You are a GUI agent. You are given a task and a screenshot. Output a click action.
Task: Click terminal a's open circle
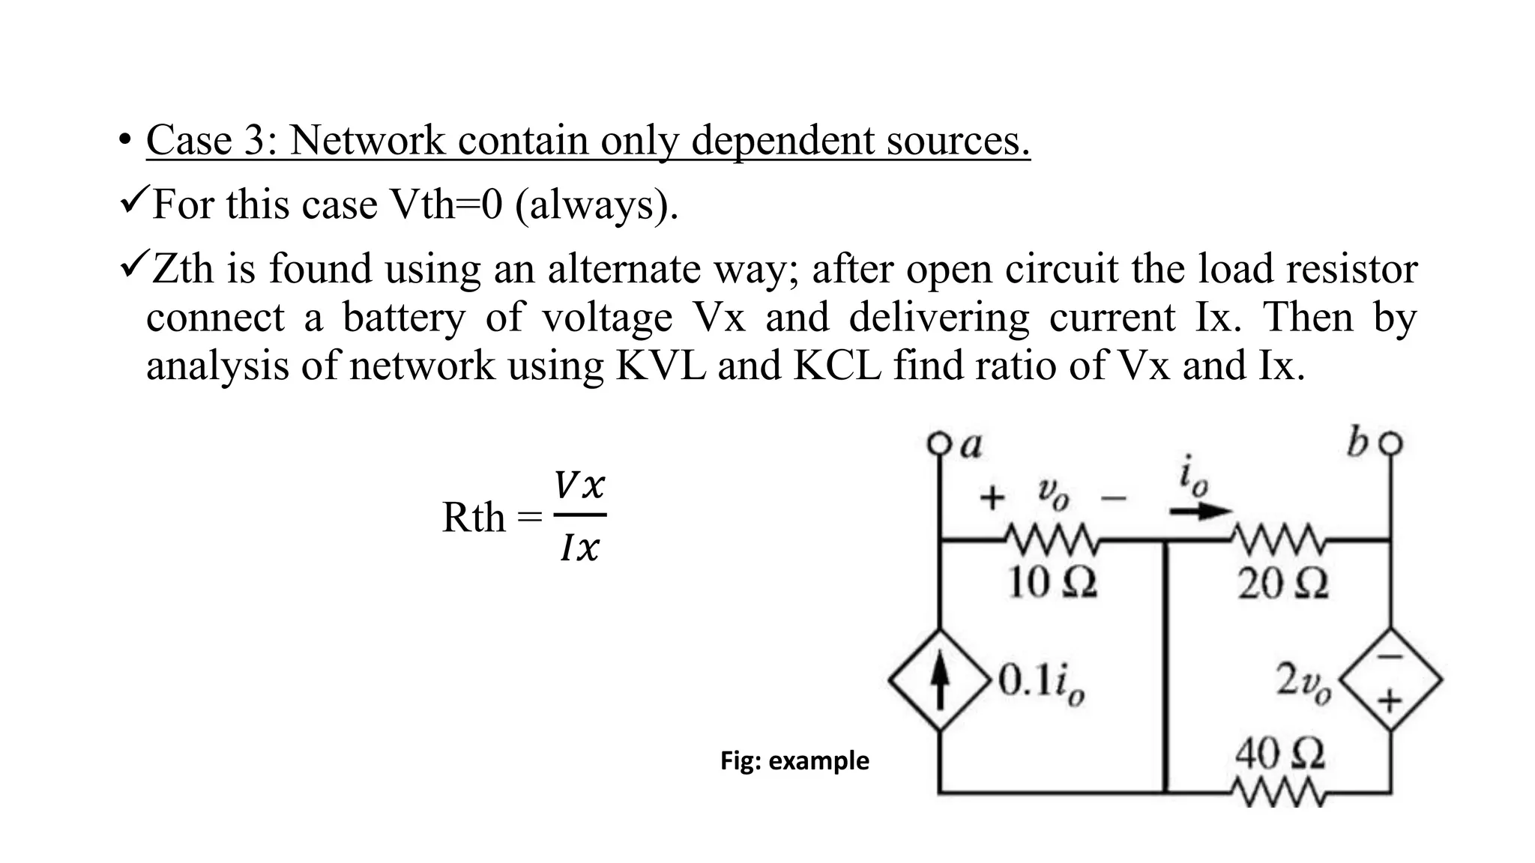(938, 443)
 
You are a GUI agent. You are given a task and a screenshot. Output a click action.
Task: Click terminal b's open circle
(1391, 444)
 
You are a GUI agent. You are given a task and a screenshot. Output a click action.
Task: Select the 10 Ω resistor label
(1052, 583)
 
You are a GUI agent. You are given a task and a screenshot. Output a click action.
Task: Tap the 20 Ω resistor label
(1282, 584)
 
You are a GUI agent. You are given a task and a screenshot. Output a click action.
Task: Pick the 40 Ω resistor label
(1279, 754)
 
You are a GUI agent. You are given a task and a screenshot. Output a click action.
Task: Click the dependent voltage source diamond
(1391, 680)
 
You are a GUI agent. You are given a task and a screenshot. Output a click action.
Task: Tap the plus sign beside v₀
(992, 497)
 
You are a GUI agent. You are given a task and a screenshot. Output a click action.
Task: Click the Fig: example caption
(794, 761)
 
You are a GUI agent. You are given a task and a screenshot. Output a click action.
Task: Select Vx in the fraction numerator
(579, 487)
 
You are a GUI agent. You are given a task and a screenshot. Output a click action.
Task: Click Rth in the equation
(474, 518)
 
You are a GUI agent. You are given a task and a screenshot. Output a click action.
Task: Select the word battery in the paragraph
(403, 318)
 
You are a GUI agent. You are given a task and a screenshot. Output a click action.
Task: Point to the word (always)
(596, 205)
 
